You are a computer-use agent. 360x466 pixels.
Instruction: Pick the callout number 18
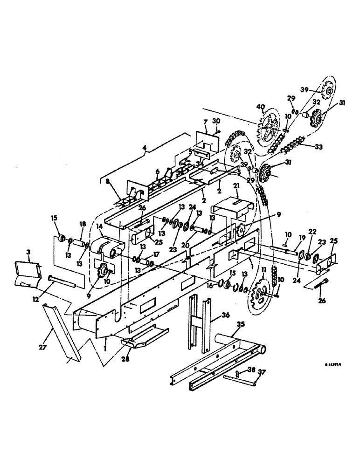83,225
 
